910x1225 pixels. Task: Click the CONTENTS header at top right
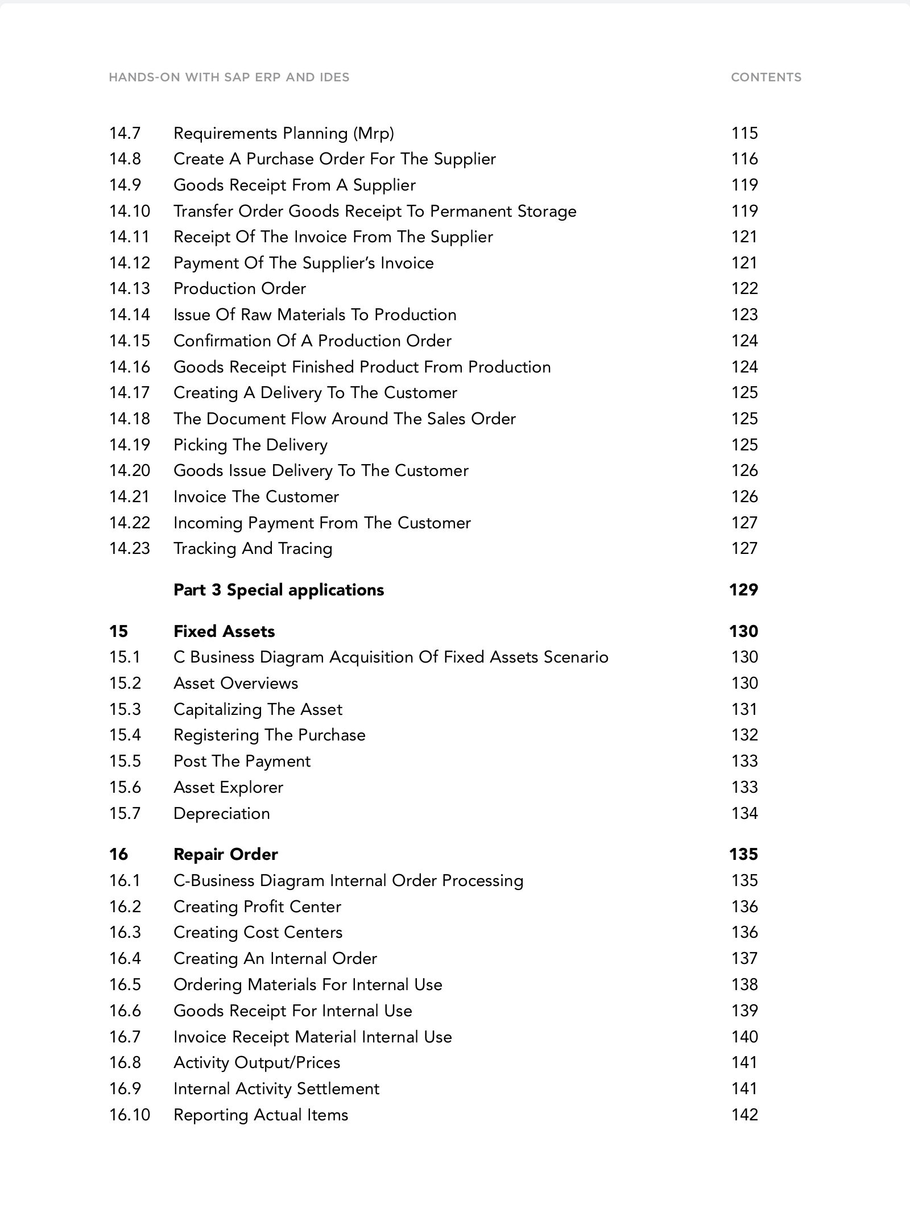click(x=766, y=77)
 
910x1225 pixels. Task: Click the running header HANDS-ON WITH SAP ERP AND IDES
click(x=229, y=77)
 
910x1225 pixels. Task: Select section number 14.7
click(x=125, y=133)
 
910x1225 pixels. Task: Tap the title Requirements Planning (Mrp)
click(x=283, y=133)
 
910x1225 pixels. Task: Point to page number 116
click(x=744, y=159)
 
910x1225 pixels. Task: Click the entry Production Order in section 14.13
click(x=239, y=288)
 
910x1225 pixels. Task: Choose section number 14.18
click(x=129, y=419)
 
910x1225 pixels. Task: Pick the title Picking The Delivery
click(x=250, y=445)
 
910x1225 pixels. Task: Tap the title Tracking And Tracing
click(x=253, y=548)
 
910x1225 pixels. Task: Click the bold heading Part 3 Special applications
click(x=279, y=590)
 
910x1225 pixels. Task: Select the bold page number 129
click(x=743, y=590)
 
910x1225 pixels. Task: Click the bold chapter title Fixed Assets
click(x=224, y=631)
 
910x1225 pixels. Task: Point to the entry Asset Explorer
click(x=228, y=787)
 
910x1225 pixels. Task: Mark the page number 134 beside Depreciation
click(x=744, y=813)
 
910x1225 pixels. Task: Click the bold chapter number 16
click(x=118, y=854)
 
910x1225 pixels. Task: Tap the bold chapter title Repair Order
click(x=225, y=854)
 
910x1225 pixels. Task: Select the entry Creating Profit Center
click(x=257, y=907)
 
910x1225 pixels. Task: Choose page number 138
click(x=744, y=984)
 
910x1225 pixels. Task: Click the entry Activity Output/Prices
click(x=257, y=1062)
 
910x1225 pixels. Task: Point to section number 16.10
click(x=129, y=1115)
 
